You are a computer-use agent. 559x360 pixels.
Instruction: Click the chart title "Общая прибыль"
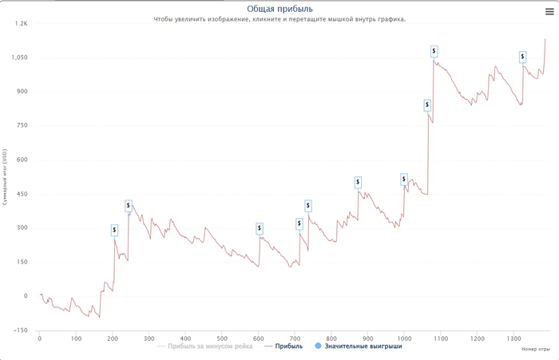(279, 9)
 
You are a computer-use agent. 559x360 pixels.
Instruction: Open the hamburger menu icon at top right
(549, 10)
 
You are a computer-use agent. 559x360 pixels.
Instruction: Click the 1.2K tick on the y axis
(21, 23)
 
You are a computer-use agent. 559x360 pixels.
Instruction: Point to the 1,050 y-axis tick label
(18, 57)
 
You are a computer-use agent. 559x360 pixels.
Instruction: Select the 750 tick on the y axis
(22, 125)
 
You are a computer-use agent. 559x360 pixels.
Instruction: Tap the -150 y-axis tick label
(20, 330)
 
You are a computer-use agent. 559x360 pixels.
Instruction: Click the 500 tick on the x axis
(222, 338)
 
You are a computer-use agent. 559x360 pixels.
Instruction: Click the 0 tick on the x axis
(40, 338)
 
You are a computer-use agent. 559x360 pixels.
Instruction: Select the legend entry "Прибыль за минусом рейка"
(210, 346)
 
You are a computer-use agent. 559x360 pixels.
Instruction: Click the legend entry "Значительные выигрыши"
(363, 346)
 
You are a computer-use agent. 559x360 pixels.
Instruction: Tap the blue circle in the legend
(319, 346)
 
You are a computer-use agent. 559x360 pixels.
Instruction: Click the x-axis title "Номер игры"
(535, 350)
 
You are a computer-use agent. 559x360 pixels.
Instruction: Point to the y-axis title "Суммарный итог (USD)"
(6, 176)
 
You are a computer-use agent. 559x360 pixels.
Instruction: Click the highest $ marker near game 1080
(434, 51)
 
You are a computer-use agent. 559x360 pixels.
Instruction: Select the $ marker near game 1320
(523, 57)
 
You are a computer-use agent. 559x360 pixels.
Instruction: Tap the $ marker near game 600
(260, 228)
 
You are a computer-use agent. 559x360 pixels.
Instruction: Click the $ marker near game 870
(358, 182)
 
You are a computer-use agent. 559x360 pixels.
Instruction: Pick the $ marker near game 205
(114, 230)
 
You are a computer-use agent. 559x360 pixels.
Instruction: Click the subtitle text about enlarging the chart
(279, 19)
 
